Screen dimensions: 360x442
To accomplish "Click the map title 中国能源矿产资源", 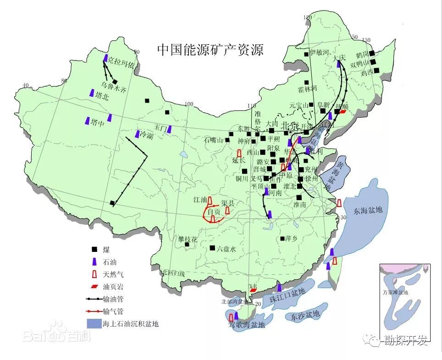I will tap(210, 49).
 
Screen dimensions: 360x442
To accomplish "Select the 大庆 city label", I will tap(339, 57).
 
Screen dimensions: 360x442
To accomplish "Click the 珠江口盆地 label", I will tap(287, 298).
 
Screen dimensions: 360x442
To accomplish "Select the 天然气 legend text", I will tap(113, 275).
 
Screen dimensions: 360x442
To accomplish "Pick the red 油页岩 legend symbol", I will tap(94, 287).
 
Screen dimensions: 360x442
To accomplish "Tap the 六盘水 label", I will tap(226, 249).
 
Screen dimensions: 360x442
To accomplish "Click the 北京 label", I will tap(290, 125).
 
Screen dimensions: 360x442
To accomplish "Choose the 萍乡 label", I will tap(292, 239).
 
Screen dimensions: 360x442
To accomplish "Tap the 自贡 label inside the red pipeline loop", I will tap(214, 212).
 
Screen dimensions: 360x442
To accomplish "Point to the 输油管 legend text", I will tap(113, 299).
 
